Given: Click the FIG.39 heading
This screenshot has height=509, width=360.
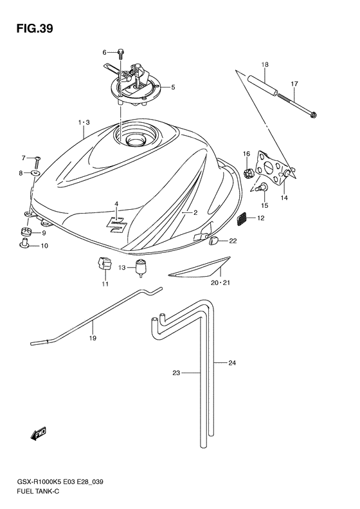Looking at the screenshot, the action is (35, 28).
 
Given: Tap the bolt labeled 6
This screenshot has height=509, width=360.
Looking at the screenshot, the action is (120, 53).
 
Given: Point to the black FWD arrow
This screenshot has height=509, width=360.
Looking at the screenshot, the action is (39, 433).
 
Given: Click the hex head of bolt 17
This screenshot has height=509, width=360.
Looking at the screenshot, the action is (313, 115).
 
